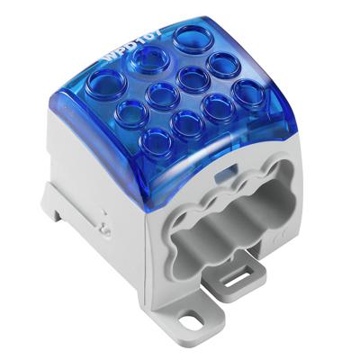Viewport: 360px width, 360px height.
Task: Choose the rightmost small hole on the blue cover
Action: coord(247,92)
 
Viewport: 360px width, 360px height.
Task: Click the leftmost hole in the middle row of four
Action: coord(131,112)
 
